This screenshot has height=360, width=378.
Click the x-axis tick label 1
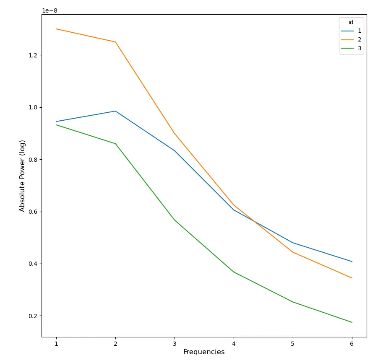tap(56, 344)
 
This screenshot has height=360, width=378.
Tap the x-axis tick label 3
tap(175, 344)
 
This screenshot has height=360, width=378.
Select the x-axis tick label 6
tap(352, 344)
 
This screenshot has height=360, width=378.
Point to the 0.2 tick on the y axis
tap(33, 316)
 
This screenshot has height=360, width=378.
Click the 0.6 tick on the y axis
tap(33, 212)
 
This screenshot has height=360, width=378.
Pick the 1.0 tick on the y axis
tap(33, 107)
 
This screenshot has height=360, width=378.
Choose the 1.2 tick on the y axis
tap(33, 55)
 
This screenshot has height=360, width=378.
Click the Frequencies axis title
tap(204, 352)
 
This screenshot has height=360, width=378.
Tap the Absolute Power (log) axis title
tap(23, 176)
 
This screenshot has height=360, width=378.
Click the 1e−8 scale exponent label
tap(50, 10)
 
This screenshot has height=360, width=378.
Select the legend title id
tap(351, 23)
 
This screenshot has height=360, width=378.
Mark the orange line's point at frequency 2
tap(115, 42)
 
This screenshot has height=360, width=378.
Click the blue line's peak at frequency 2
tap(115, 111)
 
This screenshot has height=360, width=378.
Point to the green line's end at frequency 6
tap(352, 322)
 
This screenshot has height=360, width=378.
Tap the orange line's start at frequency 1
tap(56, 29)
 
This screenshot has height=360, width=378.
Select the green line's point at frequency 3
tap(175, 220)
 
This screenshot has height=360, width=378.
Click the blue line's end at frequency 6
tap(352, 262)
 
